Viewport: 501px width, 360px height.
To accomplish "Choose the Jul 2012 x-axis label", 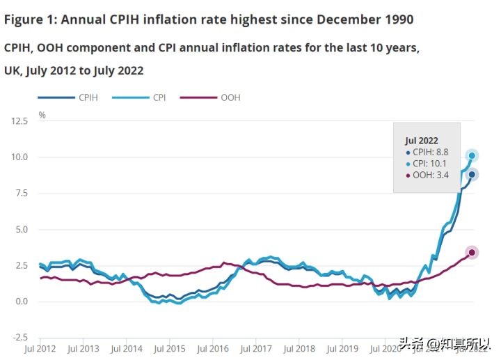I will [x=40, y=348].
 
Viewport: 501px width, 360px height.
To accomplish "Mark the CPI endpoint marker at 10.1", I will [x=472, y=155].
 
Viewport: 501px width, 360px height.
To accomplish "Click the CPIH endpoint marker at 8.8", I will [x=472, y=175].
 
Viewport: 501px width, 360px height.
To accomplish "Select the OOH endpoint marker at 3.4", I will [x=472, y=252].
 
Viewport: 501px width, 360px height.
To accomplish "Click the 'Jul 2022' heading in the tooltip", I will [x=422, y=140].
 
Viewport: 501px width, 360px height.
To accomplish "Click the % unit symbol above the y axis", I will [x=42, y=115].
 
